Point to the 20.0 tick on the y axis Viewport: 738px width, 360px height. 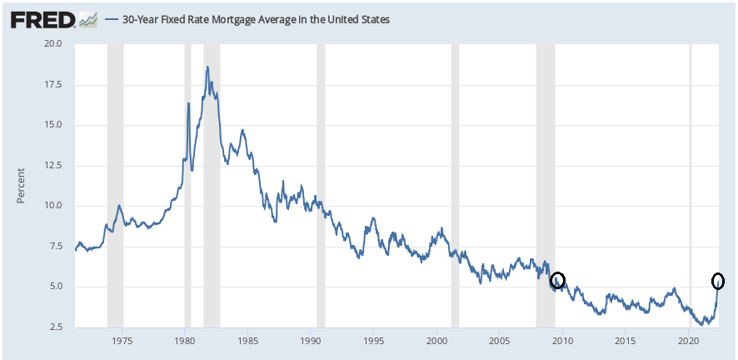point(53,44)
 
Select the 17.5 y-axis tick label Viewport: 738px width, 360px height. point(53,85)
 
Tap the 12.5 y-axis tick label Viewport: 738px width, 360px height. point(53,166)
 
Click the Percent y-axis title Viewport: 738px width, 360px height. point(21,185)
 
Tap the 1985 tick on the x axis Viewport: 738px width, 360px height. point(247,341)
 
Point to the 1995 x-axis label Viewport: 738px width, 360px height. point(373,341)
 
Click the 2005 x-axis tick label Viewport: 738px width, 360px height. point(499,341)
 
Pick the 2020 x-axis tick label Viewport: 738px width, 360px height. point(688,341)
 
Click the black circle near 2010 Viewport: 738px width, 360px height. point(557,280)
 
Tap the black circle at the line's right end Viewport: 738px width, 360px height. point(718,281)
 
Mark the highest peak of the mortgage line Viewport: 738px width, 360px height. point(207,67)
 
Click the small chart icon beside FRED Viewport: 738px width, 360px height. point(88,18)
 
